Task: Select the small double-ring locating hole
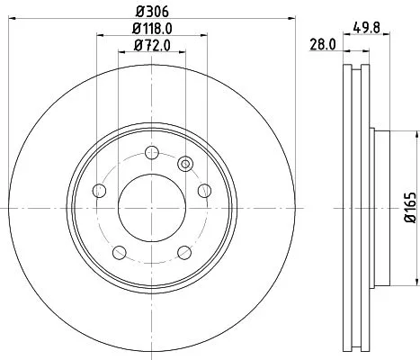[185, 164]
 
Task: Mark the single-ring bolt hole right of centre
[204, 191]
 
